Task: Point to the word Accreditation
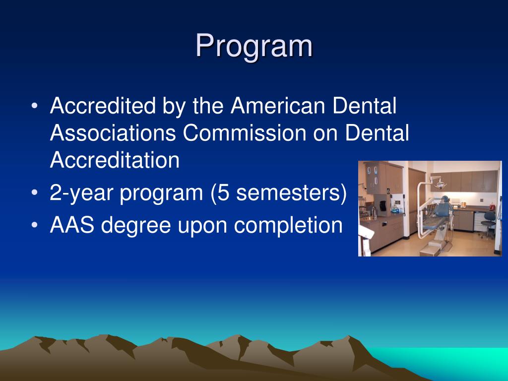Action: click(x=115, y=160)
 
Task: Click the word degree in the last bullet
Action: click(x=129, y=226)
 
